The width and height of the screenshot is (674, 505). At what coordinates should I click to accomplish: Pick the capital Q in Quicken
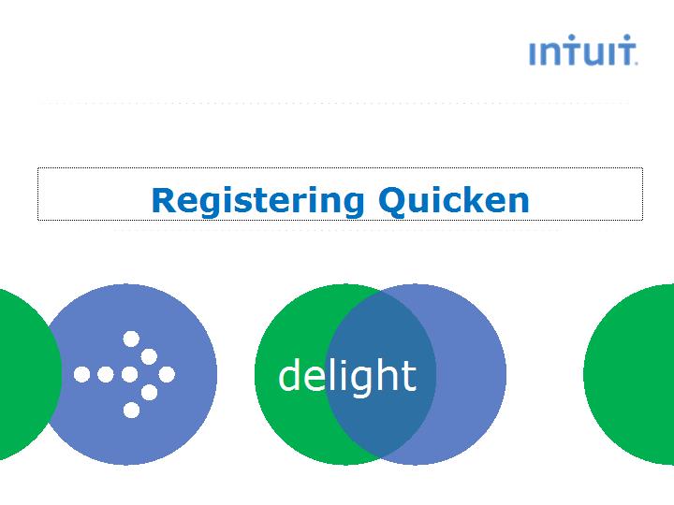[x=393, y=200]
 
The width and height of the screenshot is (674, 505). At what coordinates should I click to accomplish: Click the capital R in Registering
[x=164, y=199]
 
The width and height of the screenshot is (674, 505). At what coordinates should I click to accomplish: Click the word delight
[x=347, y=376]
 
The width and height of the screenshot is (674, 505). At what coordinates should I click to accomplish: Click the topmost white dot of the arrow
[x=132, y=339]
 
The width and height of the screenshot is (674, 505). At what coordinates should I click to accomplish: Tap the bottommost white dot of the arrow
[x=132, y=410]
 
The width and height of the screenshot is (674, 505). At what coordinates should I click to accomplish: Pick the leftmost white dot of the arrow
[x=82, y=374]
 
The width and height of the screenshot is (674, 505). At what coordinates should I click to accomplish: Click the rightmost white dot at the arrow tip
[x=167, y=374]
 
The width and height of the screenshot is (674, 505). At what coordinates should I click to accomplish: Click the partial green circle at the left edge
[x=23, y=374]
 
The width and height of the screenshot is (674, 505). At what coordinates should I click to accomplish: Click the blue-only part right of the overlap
[x=473, y=374]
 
